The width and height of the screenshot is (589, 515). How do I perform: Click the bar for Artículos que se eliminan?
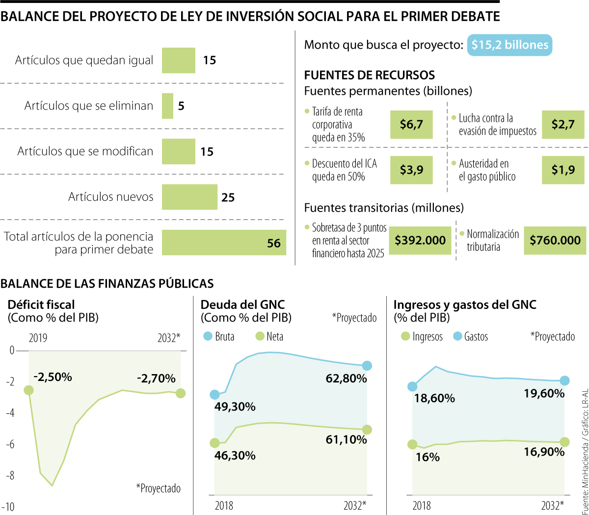tap(167, 106)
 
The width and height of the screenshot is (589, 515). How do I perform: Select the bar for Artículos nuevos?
tap(189, 197)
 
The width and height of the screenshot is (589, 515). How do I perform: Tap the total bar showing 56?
tap(224, 243)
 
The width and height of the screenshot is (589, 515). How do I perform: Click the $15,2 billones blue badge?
tap(509, 45)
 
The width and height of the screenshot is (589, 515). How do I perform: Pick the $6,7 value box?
tap(411, 125)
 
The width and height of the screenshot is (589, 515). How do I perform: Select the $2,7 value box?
tap(563, 125)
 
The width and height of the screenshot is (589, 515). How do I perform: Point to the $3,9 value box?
tap(411, 170)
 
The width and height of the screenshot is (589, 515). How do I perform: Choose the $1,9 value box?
tap(563, 170)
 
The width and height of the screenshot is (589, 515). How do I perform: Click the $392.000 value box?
tap(421, 241)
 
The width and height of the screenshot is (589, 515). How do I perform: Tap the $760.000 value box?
tap(555, 241)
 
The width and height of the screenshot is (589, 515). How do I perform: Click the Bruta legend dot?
tap(208, 336)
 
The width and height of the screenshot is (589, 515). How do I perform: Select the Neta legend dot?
tap(260, 336)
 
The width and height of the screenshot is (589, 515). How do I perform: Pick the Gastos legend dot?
tap(457, 336)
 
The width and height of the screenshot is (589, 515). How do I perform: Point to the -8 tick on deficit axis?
tap(10, 475)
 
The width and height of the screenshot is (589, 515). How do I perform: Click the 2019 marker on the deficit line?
tap(28, 390)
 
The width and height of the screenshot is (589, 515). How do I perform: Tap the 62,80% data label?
tap(346, 379)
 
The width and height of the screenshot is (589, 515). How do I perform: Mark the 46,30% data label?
tap(235, 456)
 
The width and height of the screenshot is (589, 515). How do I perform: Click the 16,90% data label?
tap(544, 452)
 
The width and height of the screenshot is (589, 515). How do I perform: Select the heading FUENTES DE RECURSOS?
tap(369, 75)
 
